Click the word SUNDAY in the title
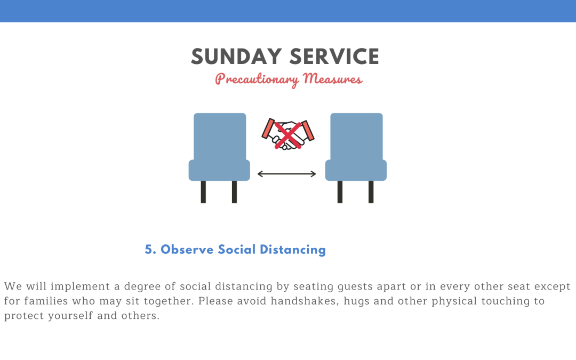point(236,57)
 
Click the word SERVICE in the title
point(334,57)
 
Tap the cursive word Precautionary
point(257,79)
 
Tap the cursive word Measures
point(332,78)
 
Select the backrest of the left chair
point(220,137)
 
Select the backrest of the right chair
point(356,137)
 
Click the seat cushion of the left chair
point(219,170)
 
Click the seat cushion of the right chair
point(356,170)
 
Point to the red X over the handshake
point(288,135)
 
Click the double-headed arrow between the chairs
point(286,174)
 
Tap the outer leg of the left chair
point(203,192)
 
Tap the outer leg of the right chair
point(371,192)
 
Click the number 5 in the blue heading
point(148,250)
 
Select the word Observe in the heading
point(187,250)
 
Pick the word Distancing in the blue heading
point(293,250)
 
